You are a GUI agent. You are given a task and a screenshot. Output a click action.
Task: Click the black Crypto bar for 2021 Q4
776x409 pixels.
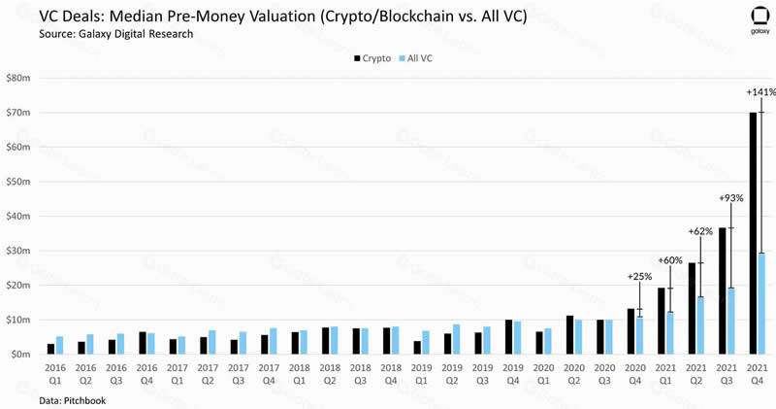point(753,233)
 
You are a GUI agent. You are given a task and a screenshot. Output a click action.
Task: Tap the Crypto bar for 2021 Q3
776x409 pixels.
point(723,290)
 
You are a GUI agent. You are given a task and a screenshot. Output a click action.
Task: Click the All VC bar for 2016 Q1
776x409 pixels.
point(59,345)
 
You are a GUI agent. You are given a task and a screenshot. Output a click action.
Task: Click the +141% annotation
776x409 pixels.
point(760,92)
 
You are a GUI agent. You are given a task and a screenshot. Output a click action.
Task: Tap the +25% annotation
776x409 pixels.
point(640,277)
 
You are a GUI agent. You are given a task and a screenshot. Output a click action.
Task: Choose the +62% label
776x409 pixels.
point(699,231)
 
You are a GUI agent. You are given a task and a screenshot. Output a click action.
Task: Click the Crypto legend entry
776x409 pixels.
point(372,59)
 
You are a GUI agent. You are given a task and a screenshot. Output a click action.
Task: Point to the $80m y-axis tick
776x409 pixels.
point(18,78)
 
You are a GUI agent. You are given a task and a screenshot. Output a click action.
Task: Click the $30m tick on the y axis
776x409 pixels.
point(18,251)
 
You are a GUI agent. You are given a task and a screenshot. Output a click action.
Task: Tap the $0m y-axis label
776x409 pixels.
point(21,355)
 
